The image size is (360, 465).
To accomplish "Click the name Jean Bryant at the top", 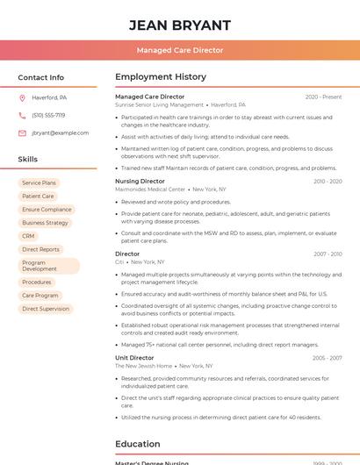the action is [x=180, y=25].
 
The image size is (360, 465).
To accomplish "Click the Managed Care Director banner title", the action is [x=180, y=50].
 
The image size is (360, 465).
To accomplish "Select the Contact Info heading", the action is [x=40, y=77].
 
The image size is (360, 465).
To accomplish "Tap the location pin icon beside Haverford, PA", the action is [x=22, y=97].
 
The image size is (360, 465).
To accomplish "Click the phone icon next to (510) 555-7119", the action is [x=22, y=115].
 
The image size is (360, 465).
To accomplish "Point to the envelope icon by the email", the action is [x=22, y=132].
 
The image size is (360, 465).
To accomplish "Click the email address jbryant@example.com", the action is [x=60, y=132].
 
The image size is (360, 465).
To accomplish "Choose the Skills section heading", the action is [x=28, y=159].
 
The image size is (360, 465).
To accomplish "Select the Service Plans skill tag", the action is [x=39, y=182].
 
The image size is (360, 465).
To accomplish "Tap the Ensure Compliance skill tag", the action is [x=47, y=210].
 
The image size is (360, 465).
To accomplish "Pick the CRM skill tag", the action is [x=28, y=236].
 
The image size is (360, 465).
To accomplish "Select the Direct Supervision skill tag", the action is [x=45, y=309].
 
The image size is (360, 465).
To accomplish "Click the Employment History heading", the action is [x=161, y=77].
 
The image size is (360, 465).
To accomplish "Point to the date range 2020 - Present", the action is [x=323, y=97].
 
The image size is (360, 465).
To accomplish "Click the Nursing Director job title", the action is [x=140, y=181].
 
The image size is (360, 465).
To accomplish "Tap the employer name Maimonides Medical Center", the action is [x=150, y=190].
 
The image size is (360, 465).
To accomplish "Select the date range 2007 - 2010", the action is [x=328, y=254].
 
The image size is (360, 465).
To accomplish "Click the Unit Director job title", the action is [x=134, y=357].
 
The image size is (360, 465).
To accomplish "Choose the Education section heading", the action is [x=138, y=444].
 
